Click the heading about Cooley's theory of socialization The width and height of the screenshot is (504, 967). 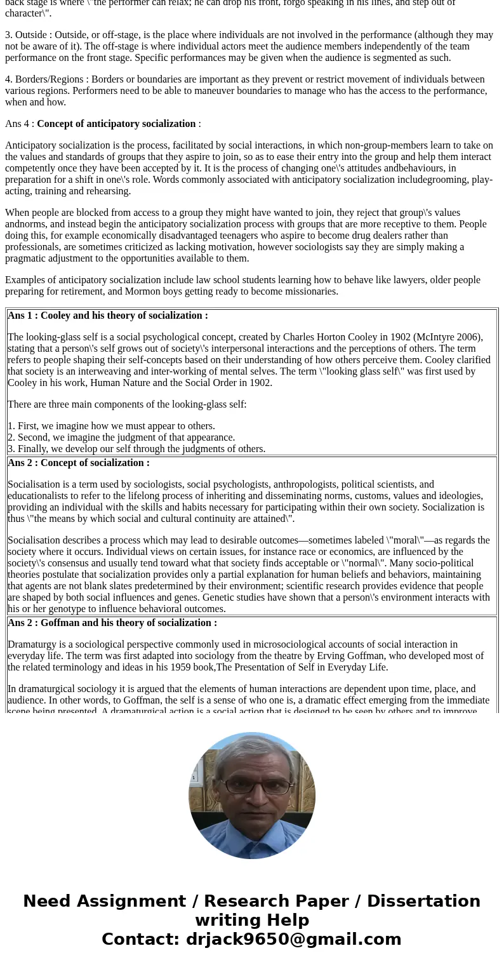coord(108,316)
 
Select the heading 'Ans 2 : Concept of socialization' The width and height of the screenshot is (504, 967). coord(79,463)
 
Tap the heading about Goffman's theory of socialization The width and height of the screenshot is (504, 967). coord(112,623)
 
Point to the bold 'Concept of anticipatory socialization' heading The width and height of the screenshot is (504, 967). coord(116,124)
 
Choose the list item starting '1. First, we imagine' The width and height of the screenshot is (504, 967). coord(111,426)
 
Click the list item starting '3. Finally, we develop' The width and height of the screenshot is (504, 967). coord(136,449)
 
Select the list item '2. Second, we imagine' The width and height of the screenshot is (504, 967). coord(121,437)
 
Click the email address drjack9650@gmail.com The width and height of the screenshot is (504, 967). coord(293,939)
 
